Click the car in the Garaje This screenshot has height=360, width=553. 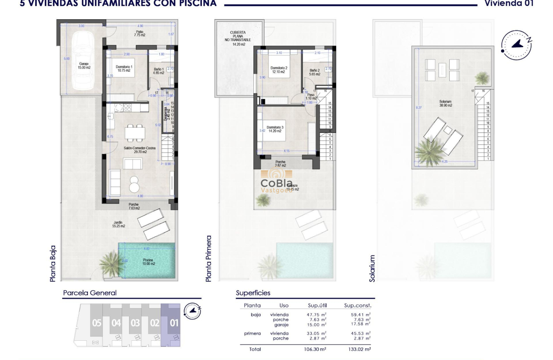coord(81,61)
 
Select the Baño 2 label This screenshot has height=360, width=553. coord(314,72)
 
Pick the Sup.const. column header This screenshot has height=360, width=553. coord(358,306)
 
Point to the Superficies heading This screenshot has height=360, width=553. coord(253,293)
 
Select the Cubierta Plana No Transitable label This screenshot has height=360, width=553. coord(237,38)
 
